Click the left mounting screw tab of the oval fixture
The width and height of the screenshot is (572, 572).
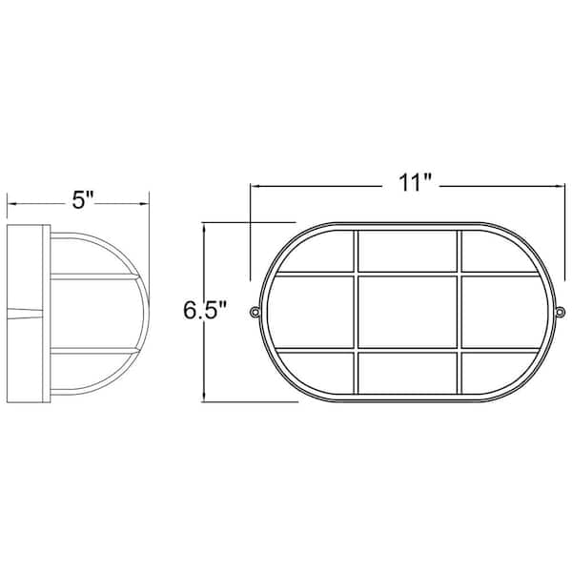click(255, 312)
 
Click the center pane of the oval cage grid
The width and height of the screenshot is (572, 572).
click(407, 312)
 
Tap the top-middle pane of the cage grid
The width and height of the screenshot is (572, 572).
click(407, 252)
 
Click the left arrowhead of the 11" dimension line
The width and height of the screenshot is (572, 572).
click(255, 185)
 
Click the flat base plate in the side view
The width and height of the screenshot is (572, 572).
click(27, 313)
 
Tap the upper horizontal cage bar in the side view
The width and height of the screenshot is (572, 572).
click(91, 277)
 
